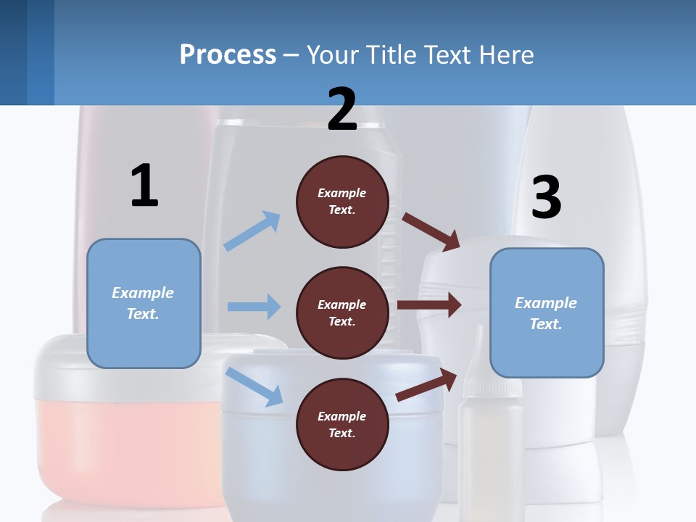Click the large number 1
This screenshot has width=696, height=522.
pos(144,186)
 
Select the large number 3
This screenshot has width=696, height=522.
pos(546,198)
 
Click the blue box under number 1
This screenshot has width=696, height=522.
pos(144,303)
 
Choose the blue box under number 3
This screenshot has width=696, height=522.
pos(547,313)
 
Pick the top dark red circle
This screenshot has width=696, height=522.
pos(342,202)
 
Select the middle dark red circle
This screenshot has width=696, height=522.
pos(342,312)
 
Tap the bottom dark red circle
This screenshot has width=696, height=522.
pos(342,424)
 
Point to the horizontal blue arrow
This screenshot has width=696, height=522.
pos(254,307)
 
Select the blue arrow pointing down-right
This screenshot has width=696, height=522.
pos(254,386)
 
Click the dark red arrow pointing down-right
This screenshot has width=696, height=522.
pos(432,231)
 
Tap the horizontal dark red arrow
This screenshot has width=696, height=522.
pos(429,304)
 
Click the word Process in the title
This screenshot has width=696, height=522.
pos(228,54)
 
